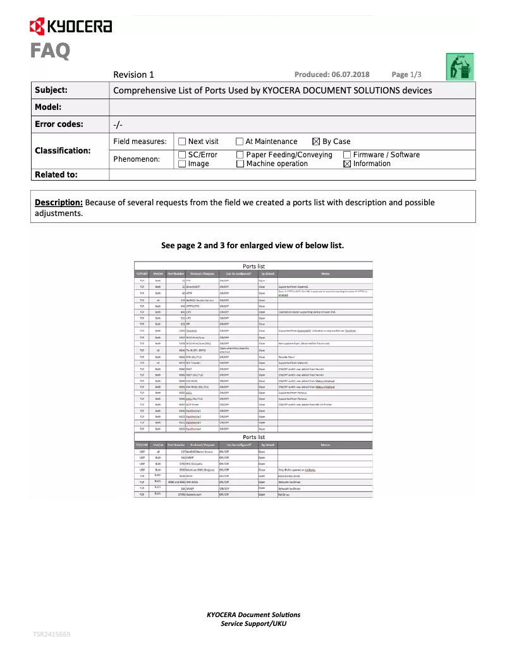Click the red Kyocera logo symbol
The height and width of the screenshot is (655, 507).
coord(37,26)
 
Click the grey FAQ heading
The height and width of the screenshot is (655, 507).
coord(50,51)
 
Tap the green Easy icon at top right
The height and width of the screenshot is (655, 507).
coord(460,67)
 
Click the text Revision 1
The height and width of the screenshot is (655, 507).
coord(133,75)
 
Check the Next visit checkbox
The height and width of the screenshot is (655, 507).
coord(182,141)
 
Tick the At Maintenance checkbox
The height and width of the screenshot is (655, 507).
coord(240,141)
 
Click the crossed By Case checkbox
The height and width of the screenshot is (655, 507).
coord(317,141)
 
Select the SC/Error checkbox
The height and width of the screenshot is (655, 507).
coord(182,155)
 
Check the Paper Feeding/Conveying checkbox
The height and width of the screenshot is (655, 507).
coord(240,155)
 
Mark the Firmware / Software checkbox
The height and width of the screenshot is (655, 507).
coord(347,155)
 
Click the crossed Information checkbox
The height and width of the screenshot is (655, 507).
coord(347,164)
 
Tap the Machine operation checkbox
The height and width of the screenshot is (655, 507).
coord(240,164)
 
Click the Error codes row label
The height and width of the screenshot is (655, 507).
coord(58,124)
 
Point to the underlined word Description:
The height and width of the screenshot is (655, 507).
coord(58,203)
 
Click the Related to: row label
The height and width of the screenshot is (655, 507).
coord(56,174)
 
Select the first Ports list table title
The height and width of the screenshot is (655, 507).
coord(253,267)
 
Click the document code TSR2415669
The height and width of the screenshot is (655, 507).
coord(52,634)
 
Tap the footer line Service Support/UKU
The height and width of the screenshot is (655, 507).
coord(253,623)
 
